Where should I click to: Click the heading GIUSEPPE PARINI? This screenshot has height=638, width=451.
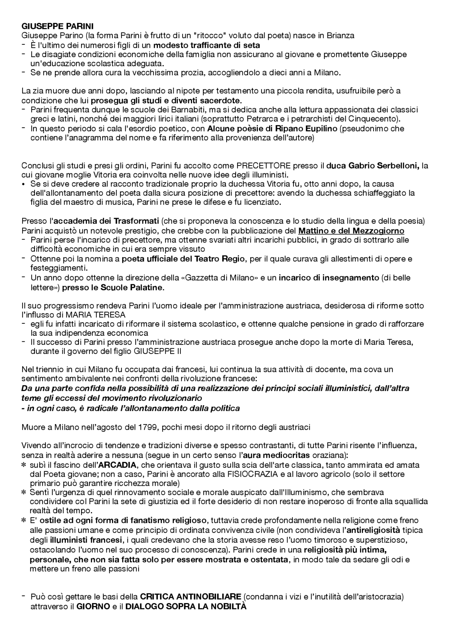[x=57, y=26]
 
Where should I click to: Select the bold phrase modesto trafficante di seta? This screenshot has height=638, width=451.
[x=206, y=45]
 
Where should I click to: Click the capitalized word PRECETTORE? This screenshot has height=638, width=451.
[x=264, y=166]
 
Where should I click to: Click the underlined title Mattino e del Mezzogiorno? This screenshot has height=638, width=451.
[x=351, y=231]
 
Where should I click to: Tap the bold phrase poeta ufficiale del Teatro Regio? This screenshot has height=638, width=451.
[x=183, y=259]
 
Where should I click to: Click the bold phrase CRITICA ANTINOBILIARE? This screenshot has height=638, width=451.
[x=190, y=597]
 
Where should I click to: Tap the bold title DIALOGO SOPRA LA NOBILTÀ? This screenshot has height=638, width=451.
[x=186, y=607]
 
